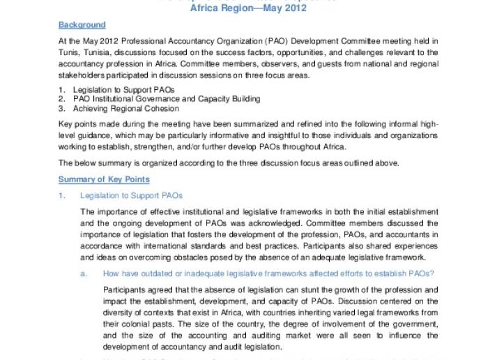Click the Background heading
82,25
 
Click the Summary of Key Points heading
103,179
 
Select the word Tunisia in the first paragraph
100,52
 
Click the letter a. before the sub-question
84,273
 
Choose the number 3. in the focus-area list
61,108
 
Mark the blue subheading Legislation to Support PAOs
131,196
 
